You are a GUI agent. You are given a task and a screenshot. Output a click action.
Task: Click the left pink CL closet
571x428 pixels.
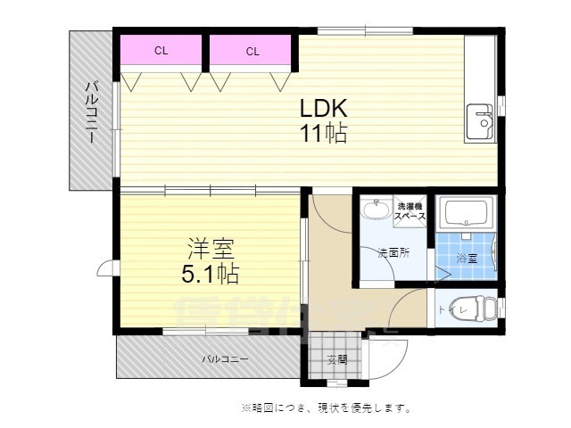point(161,51)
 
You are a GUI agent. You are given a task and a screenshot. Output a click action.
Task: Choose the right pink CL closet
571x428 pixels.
point(252,51)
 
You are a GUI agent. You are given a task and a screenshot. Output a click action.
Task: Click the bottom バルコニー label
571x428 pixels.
point(224,359)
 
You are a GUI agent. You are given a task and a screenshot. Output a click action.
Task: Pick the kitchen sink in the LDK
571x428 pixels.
point(479,123)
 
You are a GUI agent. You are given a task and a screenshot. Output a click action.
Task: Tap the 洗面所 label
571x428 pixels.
point(393,252)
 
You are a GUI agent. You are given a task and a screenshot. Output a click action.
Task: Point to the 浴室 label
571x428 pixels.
point(467,258)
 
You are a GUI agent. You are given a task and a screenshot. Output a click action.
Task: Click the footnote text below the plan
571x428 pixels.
point(325,408)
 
